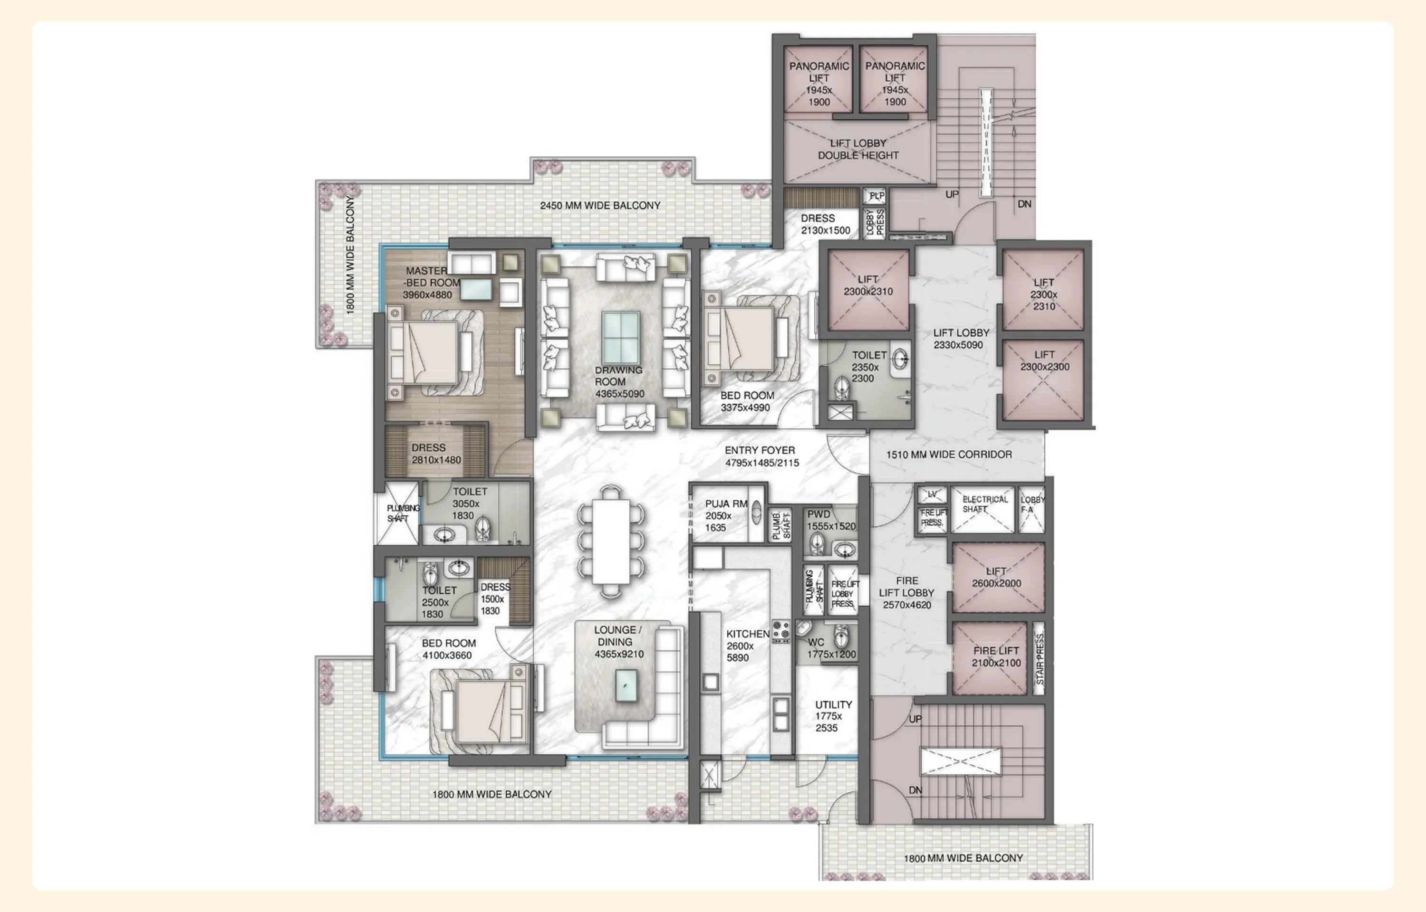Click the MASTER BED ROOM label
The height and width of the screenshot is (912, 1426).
431,283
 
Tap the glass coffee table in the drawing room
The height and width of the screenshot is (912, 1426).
620,338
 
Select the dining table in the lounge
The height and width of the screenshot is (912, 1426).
611,541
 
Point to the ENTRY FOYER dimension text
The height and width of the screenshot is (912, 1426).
762,463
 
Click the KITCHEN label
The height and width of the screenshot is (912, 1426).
747,634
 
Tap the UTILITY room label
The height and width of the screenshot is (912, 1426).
833,705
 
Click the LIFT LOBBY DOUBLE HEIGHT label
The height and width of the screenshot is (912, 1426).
858,149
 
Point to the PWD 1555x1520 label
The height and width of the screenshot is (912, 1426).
830,521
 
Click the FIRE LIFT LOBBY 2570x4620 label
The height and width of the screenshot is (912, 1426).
906,593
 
